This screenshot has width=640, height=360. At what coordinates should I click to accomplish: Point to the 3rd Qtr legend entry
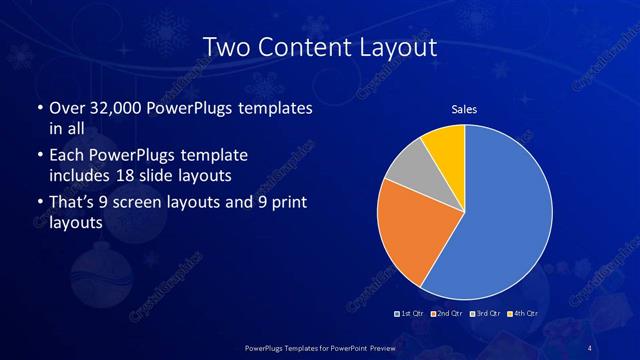[486, 314]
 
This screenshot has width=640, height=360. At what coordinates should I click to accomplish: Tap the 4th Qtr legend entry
[523, 314]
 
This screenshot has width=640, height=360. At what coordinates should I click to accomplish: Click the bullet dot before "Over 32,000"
[39, 107]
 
